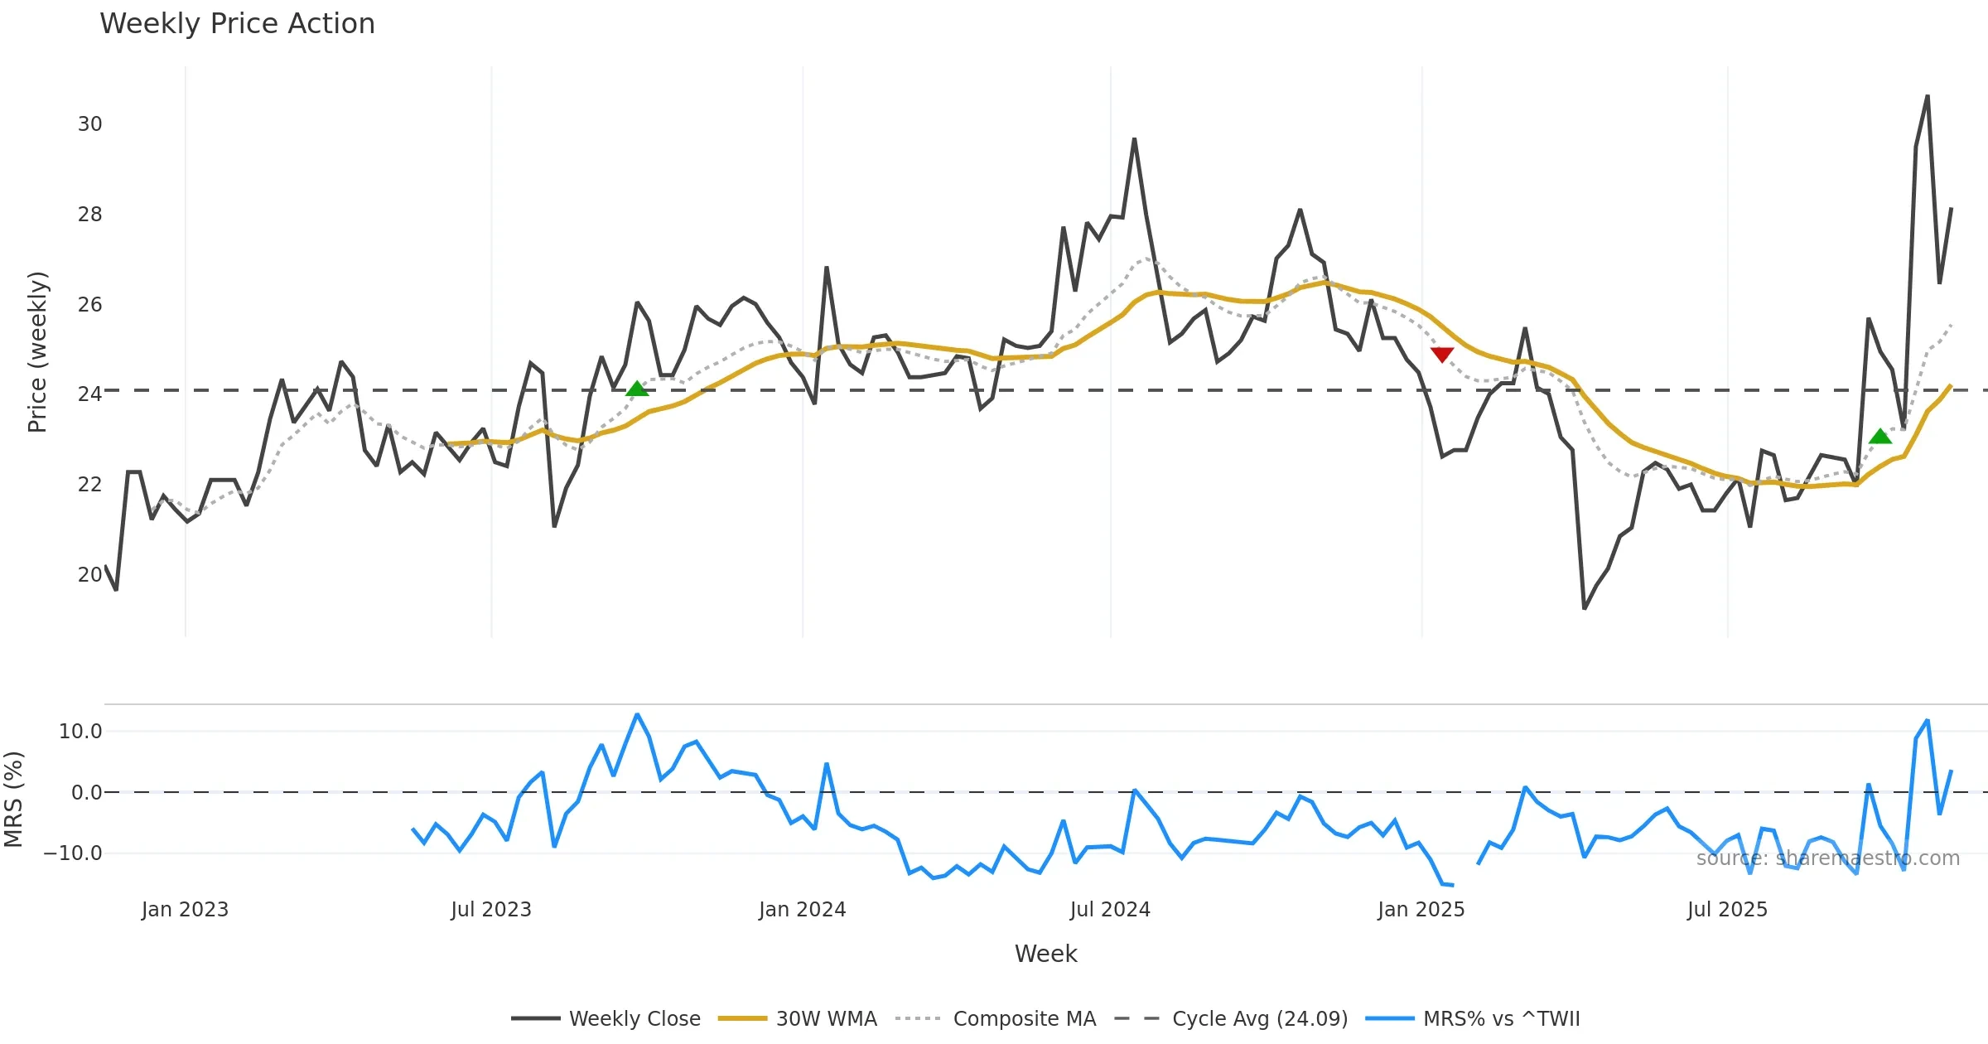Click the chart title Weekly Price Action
pyautogui.click(x=237, y=24)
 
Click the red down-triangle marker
pyautogui.click(x=1442, y=355)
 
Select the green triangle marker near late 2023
pyautogui.click(x=637, y=389)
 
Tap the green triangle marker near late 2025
pyautogui.click(x=1880, y=437)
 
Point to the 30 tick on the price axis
pyautogui.click(x=89, y=124)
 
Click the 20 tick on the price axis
pyautogui.click(x=89, y=574)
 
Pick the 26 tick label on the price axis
pyautogui.click(x=89, y=304)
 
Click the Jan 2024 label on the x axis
pyautogui.click(x=802, y=910)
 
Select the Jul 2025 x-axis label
pyautogui.click(x=1727, y=910)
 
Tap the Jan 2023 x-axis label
pyautogui.click(x=185, y=910)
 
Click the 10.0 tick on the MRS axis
pyautogui.click(x=80, y=732)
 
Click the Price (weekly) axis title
pyautogui.click(x=37, y=352)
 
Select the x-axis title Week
pyautogui.click(x=1045, y=955)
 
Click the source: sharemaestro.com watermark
pyautogui.click(x=1827, y=858)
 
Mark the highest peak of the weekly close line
pyautogui.click(x=1928, y=96)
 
